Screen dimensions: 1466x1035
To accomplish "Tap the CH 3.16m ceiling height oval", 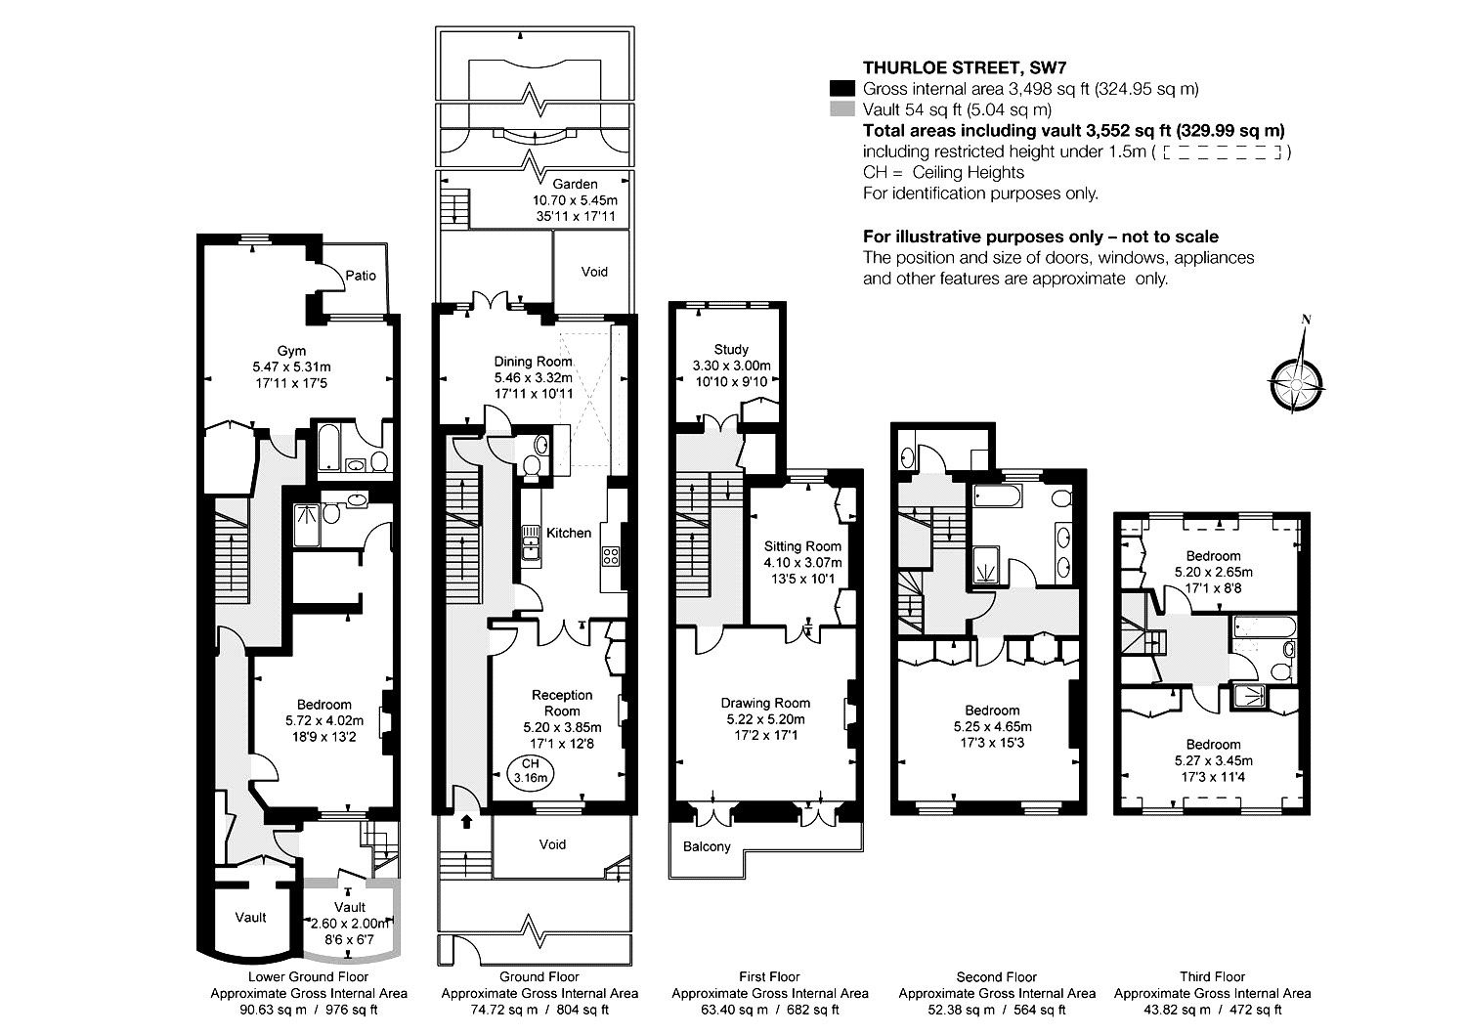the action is point(530,771).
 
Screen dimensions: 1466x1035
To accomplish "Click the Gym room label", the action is point(291,351).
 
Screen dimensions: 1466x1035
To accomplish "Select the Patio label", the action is point(361,276).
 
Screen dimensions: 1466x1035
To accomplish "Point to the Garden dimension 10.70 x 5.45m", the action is point(576,200).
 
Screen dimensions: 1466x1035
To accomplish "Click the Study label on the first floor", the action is point(731,350).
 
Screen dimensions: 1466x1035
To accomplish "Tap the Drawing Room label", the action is point(765,703).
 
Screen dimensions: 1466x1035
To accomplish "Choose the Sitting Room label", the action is point(803,546).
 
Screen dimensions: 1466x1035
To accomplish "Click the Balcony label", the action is point(707,846).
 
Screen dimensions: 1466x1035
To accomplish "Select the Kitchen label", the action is point(569,533).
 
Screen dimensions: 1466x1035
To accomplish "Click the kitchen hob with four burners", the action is point(611,556).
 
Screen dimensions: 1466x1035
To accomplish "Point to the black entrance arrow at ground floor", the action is point(466,821).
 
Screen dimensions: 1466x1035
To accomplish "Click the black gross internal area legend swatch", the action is point(842,88).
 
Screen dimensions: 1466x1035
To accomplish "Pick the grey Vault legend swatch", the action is point(842,109).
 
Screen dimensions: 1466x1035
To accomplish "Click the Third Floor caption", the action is point(1212,976).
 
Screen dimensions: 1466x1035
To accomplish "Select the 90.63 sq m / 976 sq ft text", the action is point(309,1010).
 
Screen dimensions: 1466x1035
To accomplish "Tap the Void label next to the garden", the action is point(594,272).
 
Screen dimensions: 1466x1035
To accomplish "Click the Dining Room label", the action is point(534,362).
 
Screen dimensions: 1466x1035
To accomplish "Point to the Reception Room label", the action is point(562,703).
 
